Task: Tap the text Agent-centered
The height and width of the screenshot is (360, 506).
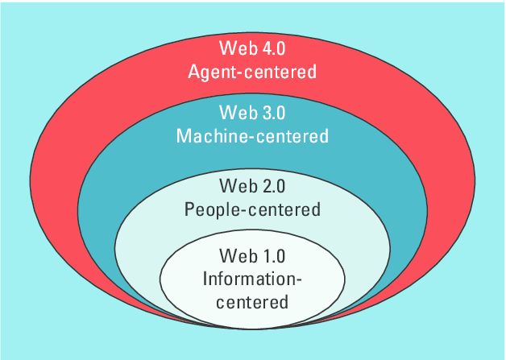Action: point(252,72)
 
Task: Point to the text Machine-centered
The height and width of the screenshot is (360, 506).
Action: point(252,135)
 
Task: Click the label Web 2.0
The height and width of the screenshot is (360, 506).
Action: point(252,186)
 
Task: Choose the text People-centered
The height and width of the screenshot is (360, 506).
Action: point(252,209)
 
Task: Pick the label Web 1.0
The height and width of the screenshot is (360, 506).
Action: point(252,257)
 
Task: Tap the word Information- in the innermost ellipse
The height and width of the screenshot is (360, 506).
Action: point(252,280)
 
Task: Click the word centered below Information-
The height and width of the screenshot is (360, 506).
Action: point(252,303)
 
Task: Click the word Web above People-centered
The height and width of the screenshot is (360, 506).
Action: point(232,186)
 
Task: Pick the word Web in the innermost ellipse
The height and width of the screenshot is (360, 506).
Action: point(232,257)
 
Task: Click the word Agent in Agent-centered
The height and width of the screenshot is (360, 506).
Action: point(209,72)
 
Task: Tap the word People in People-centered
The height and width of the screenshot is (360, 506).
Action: point(209,210)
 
